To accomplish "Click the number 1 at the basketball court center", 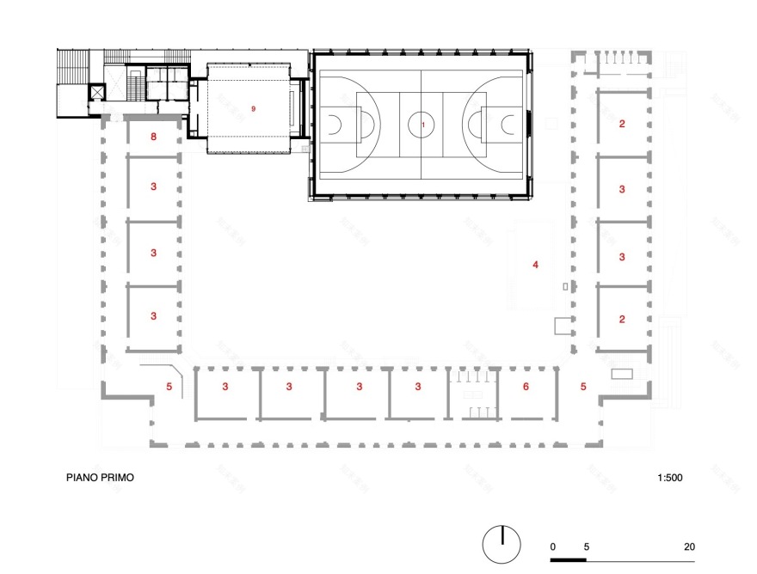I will [422, 125].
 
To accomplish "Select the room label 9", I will [253, 109].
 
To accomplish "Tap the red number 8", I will [153, 137].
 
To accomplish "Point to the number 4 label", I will [535, 265].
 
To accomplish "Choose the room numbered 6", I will [526, 387].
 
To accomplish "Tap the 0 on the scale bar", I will [553, 547].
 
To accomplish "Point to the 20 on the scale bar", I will [689, 547].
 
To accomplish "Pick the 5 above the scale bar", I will [587, 547].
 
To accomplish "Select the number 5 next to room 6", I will [582, 387].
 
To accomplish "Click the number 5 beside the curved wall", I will [169, 388].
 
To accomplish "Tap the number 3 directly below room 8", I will [153, 186].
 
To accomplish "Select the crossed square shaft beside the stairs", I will [96, 90].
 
